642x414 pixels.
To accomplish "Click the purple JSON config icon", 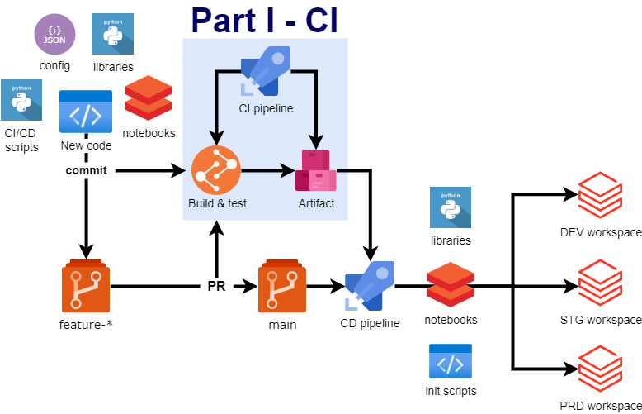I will (54, 35).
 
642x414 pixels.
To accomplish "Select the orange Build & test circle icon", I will (216, 170).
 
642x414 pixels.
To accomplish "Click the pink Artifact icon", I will (316, 171).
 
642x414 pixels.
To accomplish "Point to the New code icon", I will (86, 112).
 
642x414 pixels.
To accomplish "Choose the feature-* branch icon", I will (86, 288).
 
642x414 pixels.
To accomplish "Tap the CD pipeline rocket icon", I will (370, 286).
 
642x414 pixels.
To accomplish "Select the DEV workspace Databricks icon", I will (599, 195).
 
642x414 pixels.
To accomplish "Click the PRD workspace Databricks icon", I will (599, 371).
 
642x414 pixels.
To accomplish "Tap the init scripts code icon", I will (450, 362).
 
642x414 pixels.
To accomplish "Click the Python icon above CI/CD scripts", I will (22, 101).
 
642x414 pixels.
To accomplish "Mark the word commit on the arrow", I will (86, 171).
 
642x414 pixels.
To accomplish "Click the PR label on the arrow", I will (216, 288).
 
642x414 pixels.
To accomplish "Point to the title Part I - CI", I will (264, 20).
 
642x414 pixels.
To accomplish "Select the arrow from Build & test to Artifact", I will (267, 172).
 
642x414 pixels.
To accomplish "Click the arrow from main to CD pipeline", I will (325, 288).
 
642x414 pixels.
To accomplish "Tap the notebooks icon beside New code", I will (148, 99).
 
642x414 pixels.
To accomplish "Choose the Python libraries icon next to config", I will (113, 35).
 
